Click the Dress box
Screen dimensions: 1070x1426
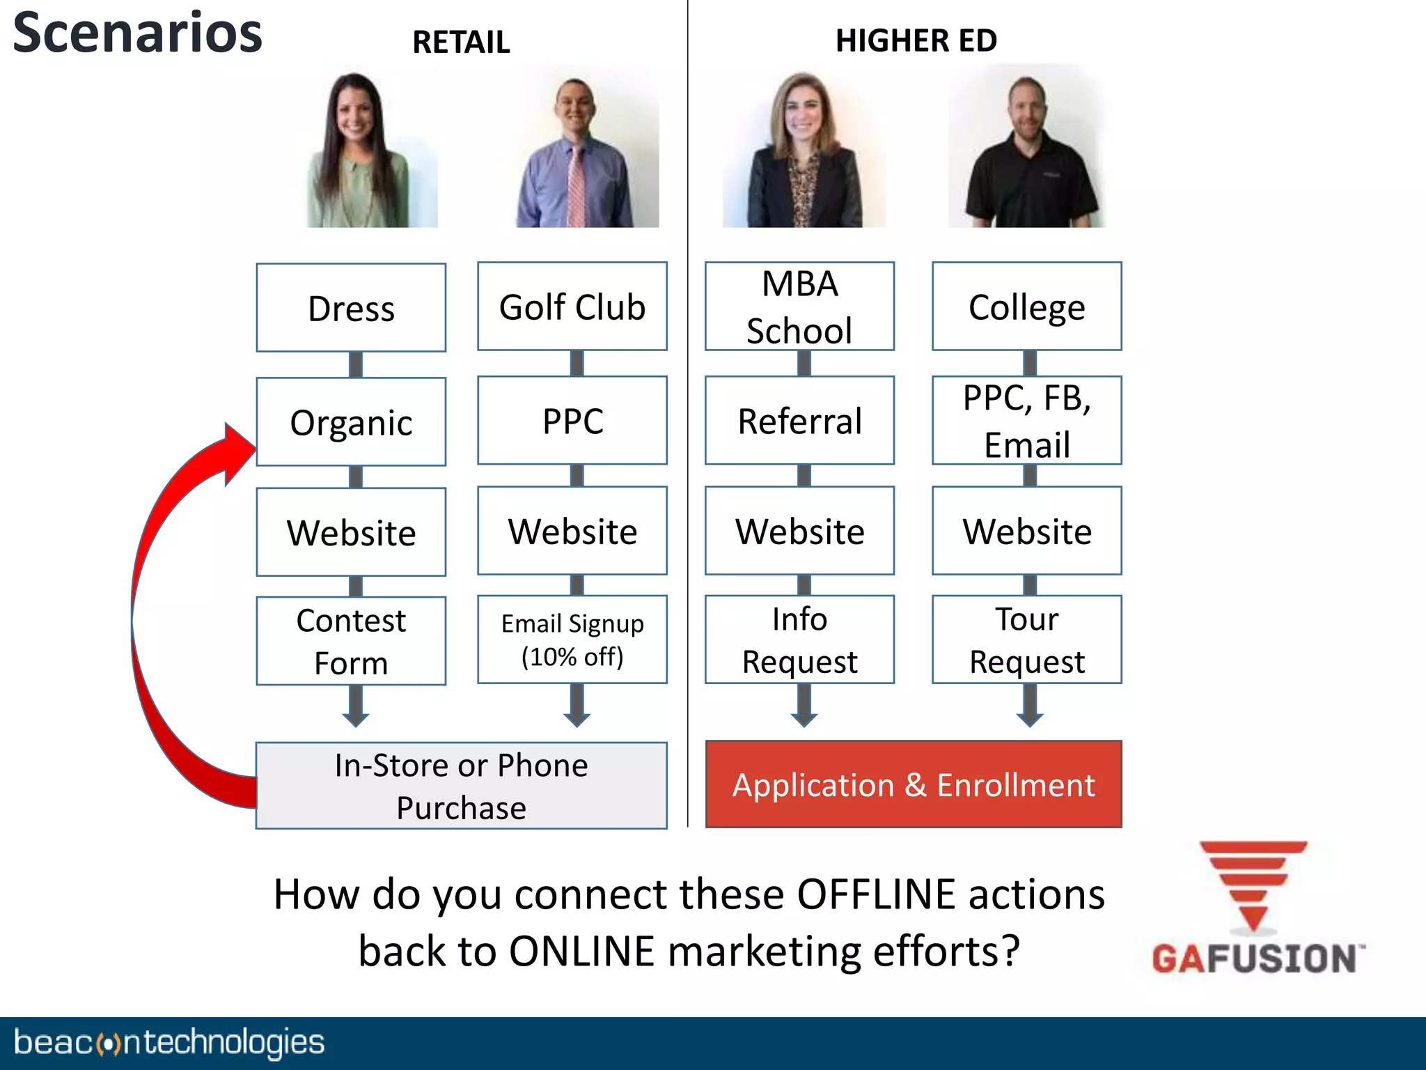coord(351,307)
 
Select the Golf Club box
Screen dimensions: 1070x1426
coord(572,306)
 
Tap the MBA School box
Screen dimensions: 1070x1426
coord(799,306)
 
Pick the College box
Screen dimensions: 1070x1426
coord(1026,306)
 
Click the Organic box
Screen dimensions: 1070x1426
coord(351,421)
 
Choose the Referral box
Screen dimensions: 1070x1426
coord(799,420)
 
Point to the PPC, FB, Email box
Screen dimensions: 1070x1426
coord(1026,420)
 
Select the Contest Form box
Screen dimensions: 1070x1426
coord(351,640)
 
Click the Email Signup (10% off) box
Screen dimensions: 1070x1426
coord(572,639)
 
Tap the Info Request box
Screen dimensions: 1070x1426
coord(799,639)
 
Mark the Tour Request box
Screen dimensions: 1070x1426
coord(1026,639)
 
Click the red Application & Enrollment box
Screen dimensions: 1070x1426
coord(914,784)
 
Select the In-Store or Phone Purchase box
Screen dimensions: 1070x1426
coord(461,785)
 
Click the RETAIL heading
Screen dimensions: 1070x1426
coord(461,42)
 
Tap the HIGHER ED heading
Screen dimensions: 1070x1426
coord(916,40)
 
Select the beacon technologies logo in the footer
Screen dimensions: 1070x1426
coord(169,1043)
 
